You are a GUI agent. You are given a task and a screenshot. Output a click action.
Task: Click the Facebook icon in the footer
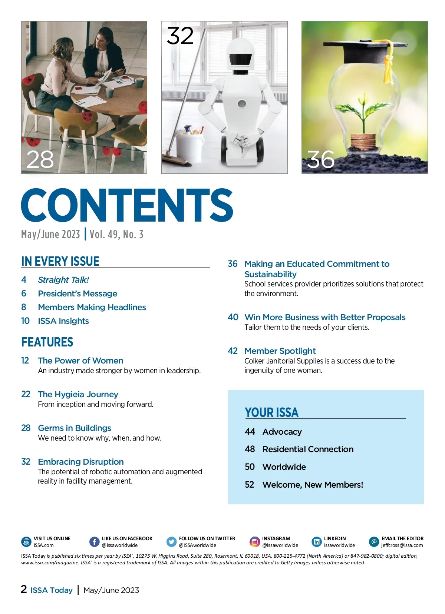pos(95,542)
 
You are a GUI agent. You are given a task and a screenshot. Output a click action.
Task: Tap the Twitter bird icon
pos(171,542)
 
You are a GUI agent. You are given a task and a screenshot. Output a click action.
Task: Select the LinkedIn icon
pos(317,542)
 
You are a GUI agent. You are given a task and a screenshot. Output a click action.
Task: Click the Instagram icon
pos(255,542)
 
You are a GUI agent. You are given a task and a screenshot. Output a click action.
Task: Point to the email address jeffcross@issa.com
pos(402,545)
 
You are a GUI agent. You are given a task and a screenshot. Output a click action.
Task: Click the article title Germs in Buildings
pos(75,428)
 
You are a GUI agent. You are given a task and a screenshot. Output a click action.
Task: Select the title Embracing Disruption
pos(81,462)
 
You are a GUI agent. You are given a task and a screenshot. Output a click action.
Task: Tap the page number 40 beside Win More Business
pos(233,317)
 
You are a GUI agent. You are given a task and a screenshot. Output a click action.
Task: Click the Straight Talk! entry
pos(63,280)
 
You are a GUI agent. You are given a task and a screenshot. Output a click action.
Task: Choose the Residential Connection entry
pos(308,449)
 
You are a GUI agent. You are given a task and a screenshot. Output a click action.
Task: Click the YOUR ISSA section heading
pos(271,412)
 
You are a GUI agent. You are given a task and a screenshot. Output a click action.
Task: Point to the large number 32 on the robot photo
pos(180,36)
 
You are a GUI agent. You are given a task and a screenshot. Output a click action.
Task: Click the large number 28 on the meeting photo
pos(40,160)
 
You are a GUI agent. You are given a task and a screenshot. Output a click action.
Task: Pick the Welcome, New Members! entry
pos(313,485)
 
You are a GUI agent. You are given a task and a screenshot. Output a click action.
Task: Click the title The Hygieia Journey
pos(78,394)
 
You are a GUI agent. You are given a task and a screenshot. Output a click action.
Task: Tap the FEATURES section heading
pos(47,342)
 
